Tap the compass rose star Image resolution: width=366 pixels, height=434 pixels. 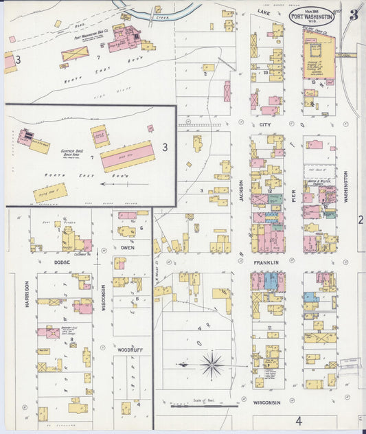211,364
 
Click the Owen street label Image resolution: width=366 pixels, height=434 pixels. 128,247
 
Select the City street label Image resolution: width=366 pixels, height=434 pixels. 265,125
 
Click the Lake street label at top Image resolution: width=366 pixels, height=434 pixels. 264,12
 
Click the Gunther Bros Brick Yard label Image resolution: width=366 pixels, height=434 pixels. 73,153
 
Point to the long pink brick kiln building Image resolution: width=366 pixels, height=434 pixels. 128,156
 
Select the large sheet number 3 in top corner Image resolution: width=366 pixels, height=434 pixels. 353,15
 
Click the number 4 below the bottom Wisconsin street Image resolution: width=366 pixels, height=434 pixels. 299,420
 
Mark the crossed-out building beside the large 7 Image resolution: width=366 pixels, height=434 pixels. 74,54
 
